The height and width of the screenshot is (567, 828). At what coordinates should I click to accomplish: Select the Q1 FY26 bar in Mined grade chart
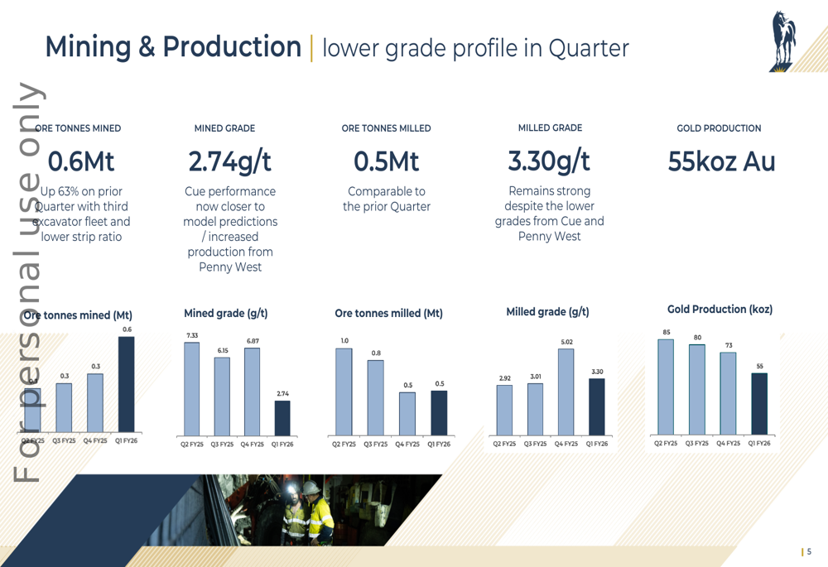(x=282, y=418)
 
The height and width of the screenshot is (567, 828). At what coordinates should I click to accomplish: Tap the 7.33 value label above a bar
(x=192, y=336)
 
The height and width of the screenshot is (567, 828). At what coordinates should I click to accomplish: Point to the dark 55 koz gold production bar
(x=759, y=404)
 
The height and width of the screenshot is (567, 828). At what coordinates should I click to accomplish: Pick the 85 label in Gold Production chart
(x=667, y=333)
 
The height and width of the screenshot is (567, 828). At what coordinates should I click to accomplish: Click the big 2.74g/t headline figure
(x=229, y=161)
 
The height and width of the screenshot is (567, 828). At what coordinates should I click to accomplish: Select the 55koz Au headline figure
(x=721, y=161)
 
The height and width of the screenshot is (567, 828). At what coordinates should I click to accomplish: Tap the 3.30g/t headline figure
(x=549, y=161)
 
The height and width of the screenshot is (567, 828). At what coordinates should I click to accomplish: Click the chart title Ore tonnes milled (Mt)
(x=388, y=314)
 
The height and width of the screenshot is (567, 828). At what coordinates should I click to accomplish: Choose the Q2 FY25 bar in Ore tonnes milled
(x=344, y=392)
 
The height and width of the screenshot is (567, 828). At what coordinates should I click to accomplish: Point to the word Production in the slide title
(x=232, y=47)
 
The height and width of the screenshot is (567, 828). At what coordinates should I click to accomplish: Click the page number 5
(x=809, y=552)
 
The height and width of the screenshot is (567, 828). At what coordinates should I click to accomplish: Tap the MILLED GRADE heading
(x=550, y=128)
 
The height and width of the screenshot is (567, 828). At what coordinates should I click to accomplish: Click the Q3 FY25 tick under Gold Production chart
(x=697, y=444)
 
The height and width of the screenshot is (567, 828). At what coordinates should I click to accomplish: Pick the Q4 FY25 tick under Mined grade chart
(x=252, y=444)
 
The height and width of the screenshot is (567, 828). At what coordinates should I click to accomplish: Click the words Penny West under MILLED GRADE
(x=549, y=237)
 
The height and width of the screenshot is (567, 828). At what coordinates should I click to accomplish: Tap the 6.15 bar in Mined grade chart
(x=222, y=396)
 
